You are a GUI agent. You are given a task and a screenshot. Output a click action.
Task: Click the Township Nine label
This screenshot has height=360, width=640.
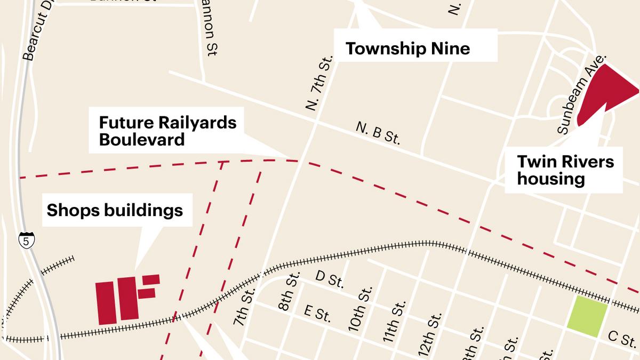pos(408,49)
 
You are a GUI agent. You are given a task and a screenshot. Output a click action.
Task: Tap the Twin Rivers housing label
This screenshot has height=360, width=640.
pos(565,170)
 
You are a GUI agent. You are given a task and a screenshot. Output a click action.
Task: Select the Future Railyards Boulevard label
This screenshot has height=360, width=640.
pos(168,131)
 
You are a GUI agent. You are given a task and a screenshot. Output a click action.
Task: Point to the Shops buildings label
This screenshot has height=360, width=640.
pos(115,210)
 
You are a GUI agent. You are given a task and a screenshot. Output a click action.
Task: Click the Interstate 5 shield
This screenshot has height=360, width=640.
pos(26,241)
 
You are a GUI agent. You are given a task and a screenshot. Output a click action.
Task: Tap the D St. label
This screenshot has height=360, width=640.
pos(329,279)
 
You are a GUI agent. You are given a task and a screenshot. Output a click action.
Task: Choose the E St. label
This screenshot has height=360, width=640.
pos(317,313)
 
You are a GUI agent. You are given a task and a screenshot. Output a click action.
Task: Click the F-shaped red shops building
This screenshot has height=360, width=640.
pos(140,295)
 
